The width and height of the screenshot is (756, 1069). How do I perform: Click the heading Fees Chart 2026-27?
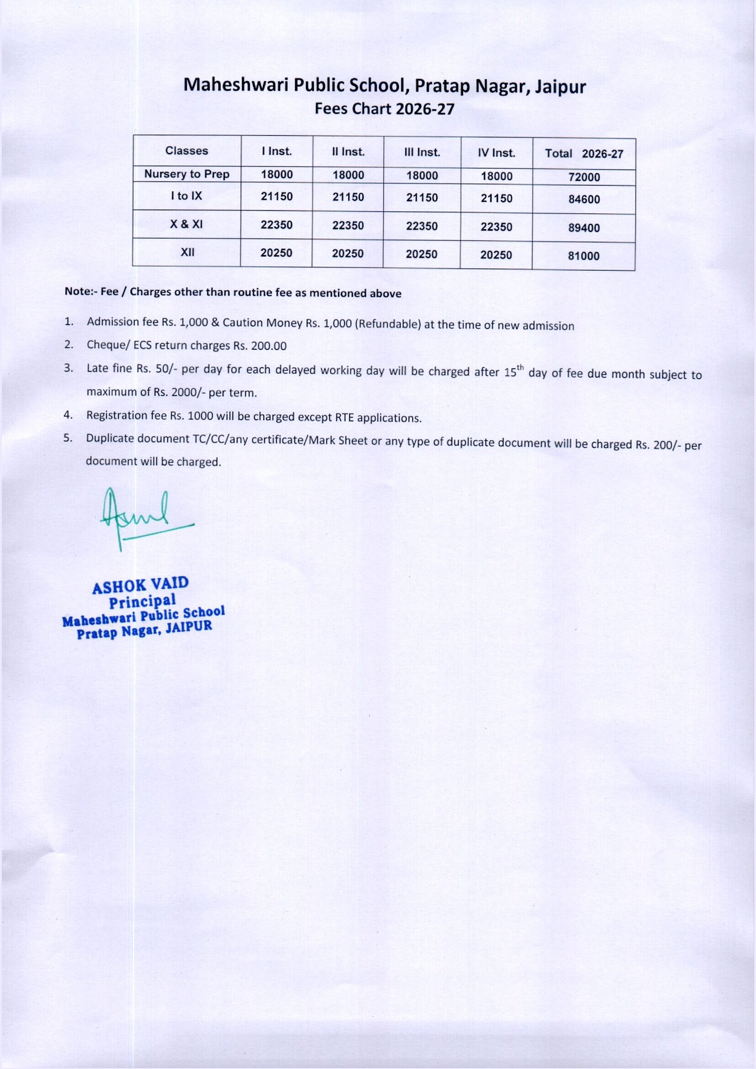pyautogui.click(x=384, y=109)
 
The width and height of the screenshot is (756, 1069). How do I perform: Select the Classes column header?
pyautogui.click(x=187, y=151)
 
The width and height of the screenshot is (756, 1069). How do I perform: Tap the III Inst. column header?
pyautogui.click(x=422, y=152)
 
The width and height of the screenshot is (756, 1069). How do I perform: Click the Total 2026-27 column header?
pyautogui.click(x=584, y=154)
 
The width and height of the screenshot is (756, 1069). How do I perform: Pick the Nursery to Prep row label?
pyautogui.click(x=187, y=174)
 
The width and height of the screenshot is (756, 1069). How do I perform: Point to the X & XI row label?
pyautogui.click(x=187, y=224)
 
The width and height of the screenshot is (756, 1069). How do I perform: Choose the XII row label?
pyautogui.click(x=188, y=252)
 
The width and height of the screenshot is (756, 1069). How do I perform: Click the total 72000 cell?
pyautogui.click(x=584, y=177)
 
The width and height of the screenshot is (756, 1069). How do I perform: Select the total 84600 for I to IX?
pyautogui.click(x=584, y=199)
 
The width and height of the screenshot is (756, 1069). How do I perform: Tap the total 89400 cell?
pyautogui.click(x=584, y=228)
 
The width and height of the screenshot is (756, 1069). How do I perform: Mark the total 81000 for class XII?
pyautogui.click(x=584, y=256)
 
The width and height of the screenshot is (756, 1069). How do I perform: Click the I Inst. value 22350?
pyautogui.click(x=276, y=225)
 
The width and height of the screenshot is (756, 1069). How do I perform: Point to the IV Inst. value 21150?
pyautogui.click(x=496, y=198)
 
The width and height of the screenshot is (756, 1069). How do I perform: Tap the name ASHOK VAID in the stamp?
pyautogui.click(x=140, y=586)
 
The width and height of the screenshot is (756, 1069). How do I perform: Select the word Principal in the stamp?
pyautogui.click(x=142, y=601)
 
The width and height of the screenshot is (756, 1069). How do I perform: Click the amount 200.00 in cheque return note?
pyautogui.click(x=268, y=346)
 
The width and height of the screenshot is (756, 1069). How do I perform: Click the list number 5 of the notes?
pyautogui.click(x=68, y=438)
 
